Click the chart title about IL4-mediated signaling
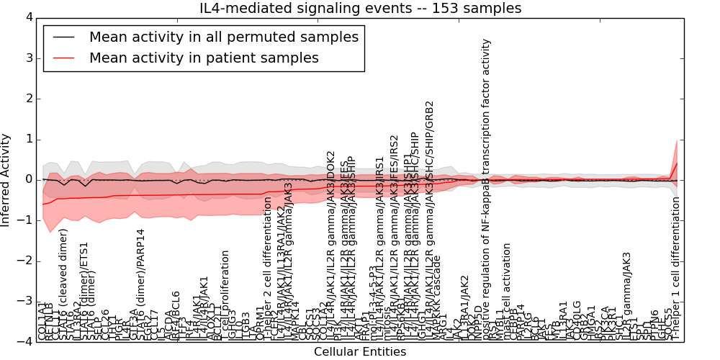[x=360, y=8]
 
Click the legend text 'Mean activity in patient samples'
[x=204, y=58]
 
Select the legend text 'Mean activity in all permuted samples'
[x=223, y=37]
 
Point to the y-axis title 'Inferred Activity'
[x=6, y=179]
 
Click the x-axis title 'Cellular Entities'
[x=360, y=352]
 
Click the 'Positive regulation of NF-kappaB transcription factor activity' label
[x=487, y=187]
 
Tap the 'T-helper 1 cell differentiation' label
[x=675, y=268]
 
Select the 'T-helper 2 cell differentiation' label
[x=268, y=277]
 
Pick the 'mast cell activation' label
[x=507, y=292]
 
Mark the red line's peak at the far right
[x=677, y=163]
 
